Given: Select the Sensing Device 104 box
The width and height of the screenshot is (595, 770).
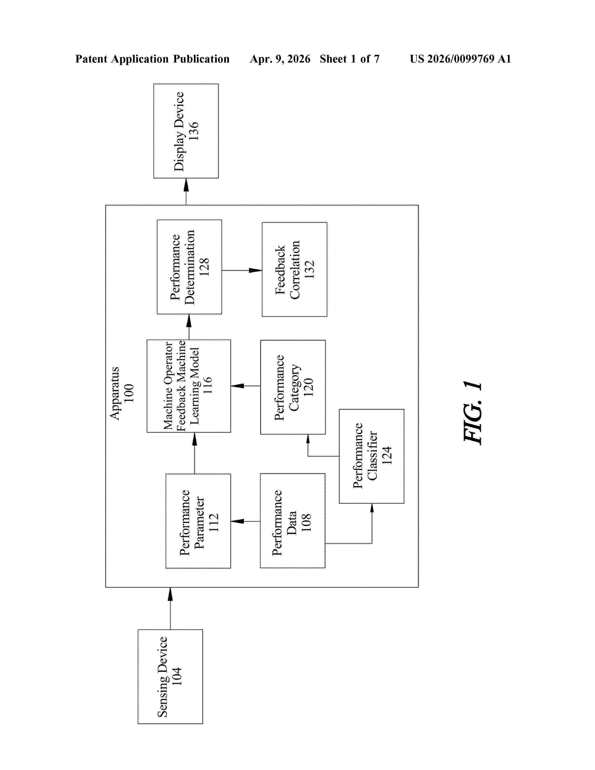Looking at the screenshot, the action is [170, 677].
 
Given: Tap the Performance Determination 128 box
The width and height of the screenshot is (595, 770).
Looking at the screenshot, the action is [189, 267].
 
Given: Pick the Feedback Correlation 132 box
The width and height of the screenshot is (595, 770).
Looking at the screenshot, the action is [294, 269].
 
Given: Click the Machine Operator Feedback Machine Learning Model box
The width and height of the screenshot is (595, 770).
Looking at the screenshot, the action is [189, 386].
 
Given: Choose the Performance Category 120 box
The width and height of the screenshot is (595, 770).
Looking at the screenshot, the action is [293, 387].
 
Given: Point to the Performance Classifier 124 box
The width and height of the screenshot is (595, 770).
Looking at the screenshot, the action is [371, 456].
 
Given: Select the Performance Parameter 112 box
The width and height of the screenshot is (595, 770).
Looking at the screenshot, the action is [199, 521].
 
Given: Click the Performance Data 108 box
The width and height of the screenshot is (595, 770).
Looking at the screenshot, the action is [293, 521].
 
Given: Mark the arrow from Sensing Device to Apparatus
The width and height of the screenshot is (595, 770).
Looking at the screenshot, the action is [170, 609].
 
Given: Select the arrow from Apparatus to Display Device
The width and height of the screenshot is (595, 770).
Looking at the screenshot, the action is [186, 191].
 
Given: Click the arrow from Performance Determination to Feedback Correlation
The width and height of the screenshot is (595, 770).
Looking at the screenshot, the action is [242, 270].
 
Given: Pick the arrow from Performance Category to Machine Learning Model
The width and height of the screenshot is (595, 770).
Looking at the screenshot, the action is [246, 386].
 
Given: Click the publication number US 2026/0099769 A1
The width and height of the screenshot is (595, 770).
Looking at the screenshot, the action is [460, 59].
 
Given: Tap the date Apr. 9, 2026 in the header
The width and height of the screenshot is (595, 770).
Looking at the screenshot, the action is [280, 59].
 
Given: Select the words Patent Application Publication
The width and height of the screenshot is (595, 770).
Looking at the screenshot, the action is [152, 59].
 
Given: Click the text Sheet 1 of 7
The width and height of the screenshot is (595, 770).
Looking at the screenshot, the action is [350, 59].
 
